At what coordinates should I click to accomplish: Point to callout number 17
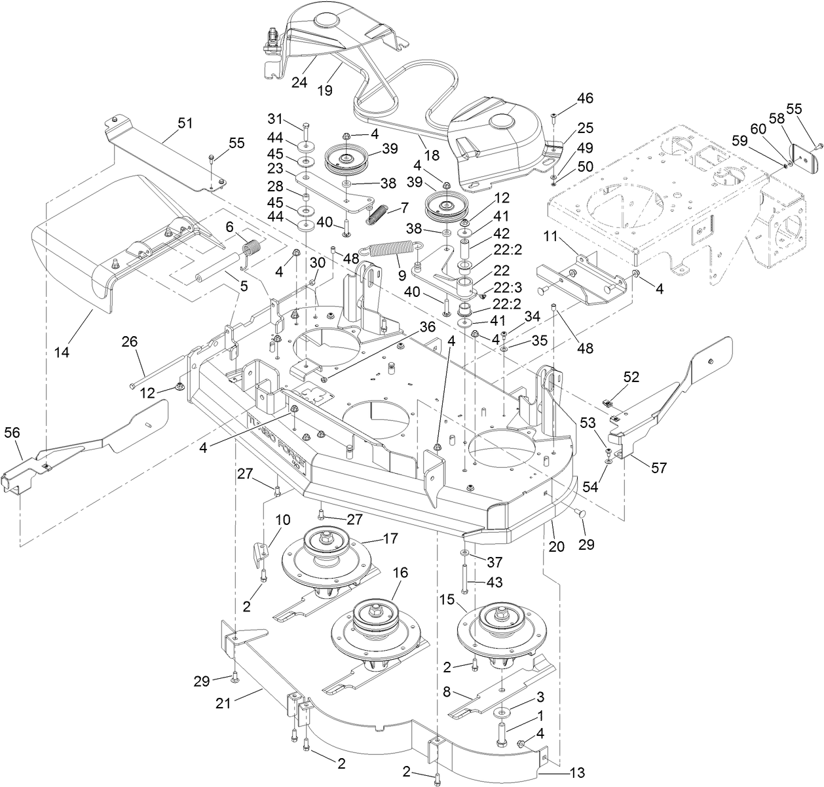(x=390, y=540)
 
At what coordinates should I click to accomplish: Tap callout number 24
(x=299, y=83)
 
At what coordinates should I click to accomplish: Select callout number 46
(x=584, y=99)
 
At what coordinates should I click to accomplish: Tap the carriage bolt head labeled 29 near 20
(x=579, y=514)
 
